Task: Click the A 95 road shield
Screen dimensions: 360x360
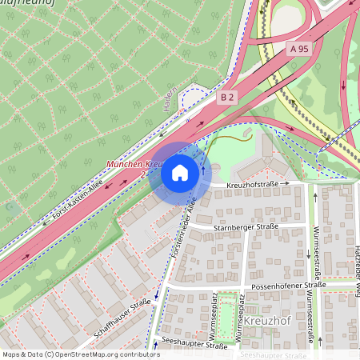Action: (298, 49)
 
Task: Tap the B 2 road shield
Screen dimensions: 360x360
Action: (227, 97)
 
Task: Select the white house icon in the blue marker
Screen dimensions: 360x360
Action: (180, 173)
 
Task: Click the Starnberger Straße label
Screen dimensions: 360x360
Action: (245, 227)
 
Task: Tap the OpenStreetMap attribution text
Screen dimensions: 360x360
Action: (81, 354)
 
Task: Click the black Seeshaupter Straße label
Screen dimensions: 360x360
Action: (193, 346)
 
